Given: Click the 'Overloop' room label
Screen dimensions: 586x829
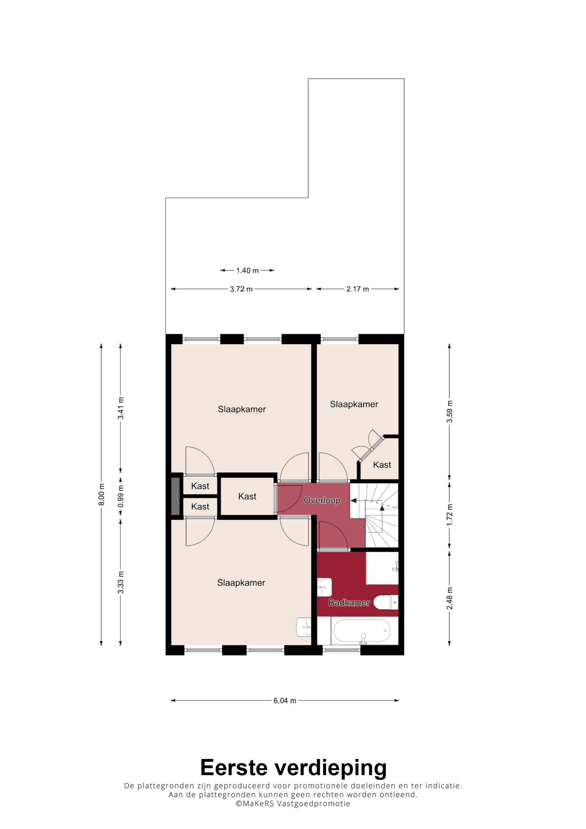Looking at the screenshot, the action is pos(322,500).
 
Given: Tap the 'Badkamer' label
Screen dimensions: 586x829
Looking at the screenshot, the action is pos(349,603).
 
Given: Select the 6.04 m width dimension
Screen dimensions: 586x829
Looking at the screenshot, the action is pos(285,701).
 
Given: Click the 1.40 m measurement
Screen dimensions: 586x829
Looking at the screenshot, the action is pos(247,270).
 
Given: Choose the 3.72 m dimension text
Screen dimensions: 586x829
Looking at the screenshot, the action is pos(241,289).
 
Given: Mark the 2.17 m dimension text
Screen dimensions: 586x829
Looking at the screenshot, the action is pos(357,289).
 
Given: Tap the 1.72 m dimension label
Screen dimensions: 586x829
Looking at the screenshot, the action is pos(449,515).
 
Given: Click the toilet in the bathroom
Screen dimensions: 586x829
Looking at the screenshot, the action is pos(386,602).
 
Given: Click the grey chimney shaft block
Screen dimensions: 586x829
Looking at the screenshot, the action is pos(175,497).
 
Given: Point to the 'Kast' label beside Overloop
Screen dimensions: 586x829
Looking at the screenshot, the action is pos(247,497).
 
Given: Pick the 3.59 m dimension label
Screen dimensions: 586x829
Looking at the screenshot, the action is pos(449,412).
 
